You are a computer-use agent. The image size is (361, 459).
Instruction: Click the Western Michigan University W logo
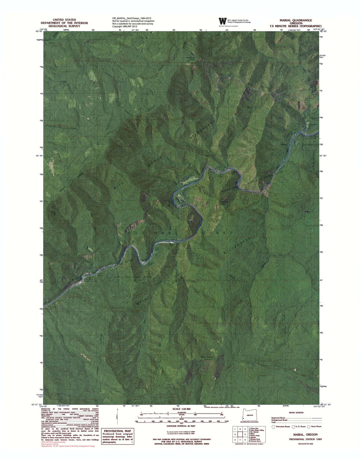pyautogui.click(x=222, y=21)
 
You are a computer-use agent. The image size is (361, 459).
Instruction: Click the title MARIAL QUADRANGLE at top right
pyautogui.click(x=295, y=20)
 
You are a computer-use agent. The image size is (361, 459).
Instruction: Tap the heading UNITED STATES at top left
pyautogui.click(x=64, y=20)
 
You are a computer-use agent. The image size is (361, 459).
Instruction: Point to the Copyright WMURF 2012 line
pyautogui.click(x=125, y=26)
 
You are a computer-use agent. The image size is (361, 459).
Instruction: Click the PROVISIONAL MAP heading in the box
pyautogui.click(x=117, y=431)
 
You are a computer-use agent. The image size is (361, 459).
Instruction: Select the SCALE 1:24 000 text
pyautogui.click(x=181, y=409)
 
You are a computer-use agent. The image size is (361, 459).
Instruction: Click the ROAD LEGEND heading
pyautogui.click(x=296, y=412)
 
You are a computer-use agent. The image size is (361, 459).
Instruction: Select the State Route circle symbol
pyautogui.click(x=309, y=427)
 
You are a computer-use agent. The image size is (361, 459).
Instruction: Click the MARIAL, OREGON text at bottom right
pyautogui.click(x=305, y=434)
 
